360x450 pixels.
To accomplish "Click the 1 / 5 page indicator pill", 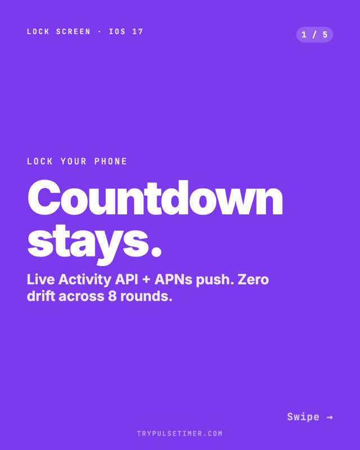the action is point(314,35).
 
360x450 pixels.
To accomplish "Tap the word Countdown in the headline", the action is point(155,198).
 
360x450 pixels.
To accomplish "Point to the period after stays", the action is point(156,251).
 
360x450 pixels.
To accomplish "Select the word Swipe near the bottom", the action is point(303,417).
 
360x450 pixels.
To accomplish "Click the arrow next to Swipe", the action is point(330,417).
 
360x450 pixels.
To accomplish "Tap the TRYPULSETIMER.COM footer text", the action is point(179,433).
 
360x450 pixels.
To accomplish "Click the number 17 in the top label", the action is point(138,31).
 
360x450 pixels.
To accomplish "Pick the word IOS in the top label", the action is point(117,31).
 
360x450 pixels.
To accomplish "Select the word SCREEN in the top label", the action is point(73,31).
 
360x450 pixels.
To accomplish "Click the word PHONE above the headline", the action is point(111,161).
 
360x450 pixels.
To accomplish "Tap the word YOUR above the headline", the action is point(74,161).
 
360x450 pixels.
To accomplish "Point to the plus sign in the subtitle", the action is point(146,280).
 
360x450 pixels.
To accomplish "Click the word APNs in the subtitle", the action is point(173,280).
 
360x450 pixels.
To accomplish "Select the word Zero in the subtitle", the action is point(253,280).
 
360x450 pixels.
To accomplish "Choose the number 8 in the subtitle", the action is point(112,296).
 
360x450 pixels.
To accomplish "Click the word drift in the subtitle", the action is point(40,296).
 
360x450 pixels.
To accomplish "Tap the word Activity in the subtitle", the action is point(84,280).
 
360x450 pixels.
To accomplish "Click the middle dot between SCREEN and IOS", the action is point(100,32).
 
